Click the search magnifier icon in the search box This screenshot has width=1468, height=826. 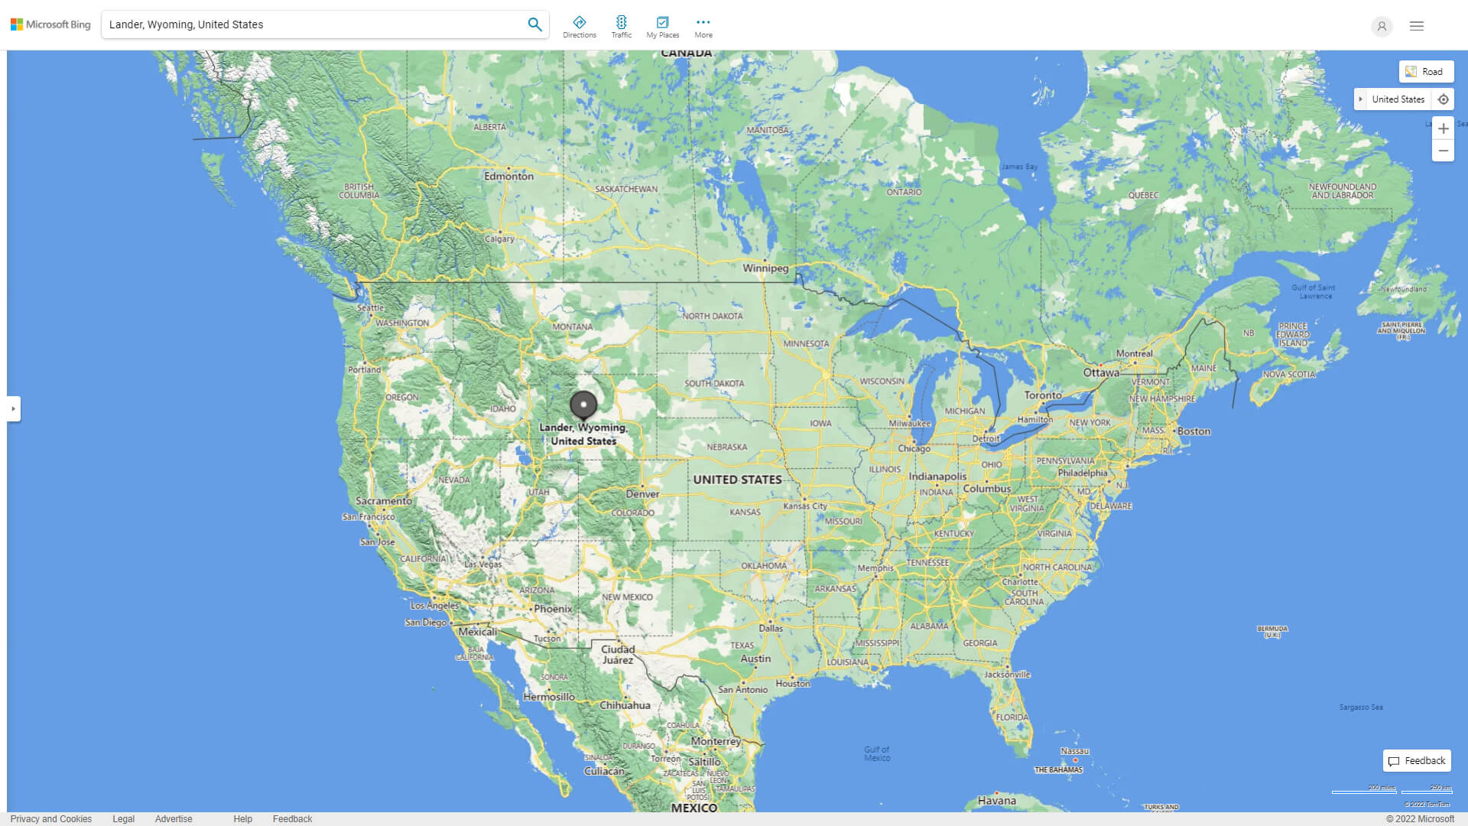tap(534, 24)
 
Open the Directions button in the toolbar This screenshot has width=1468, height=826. tap(580, 26)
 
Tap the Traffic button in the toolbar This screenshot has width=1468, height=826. tap(622, 26)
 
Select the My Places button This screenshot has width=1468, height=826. tap(662, 26)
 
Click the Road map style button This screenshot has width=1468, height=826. tap(1426, 72)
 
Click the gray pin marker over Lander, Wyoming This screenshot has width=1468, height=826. tap(583, 405)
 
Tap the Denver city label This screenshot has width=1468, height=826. tap(642, 494)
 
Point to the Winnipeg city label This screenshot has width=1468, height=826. tap(765, 268)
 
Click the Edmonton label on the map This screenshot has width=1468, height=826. tap(508, 176)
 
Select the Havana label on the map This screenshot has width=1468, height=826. tap(997, 801)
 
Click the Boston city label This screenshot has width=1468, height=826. tap(1194, 431)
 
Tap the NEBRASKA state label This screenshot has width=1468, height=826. tap(726, 447)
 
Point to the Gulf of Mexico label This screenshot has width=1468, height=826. tap(877, 753)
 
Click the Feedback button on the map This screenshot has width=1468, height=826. tap(1417, 761)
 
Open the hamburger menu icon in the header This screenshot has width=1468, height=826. tap(1417, 26)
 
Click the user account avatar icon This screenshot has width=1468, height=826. tap(1382, 26)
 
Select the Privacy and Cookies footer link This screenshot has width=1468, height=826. tap(51, 819)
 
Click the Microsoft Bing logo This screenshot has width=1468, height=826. tap(50, 24)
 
